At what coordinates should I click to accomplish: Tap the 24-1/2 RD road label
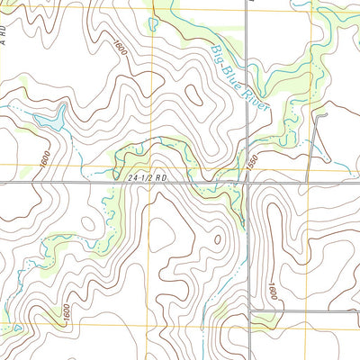pyautogui.click(x=148, y=178)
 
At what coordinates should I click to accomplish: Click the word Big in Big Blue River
pyautogui.click(x=216, y=57)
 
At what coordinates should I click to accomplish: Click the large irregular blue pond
pyautogui.click(x=49, y=119)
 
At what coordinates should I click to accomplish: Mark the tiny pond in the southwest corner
pyautogui.click(x=16, y=329)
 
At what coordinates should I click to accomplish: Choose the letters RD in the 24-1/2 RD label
pyautogui.click(x=161, y=178)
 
